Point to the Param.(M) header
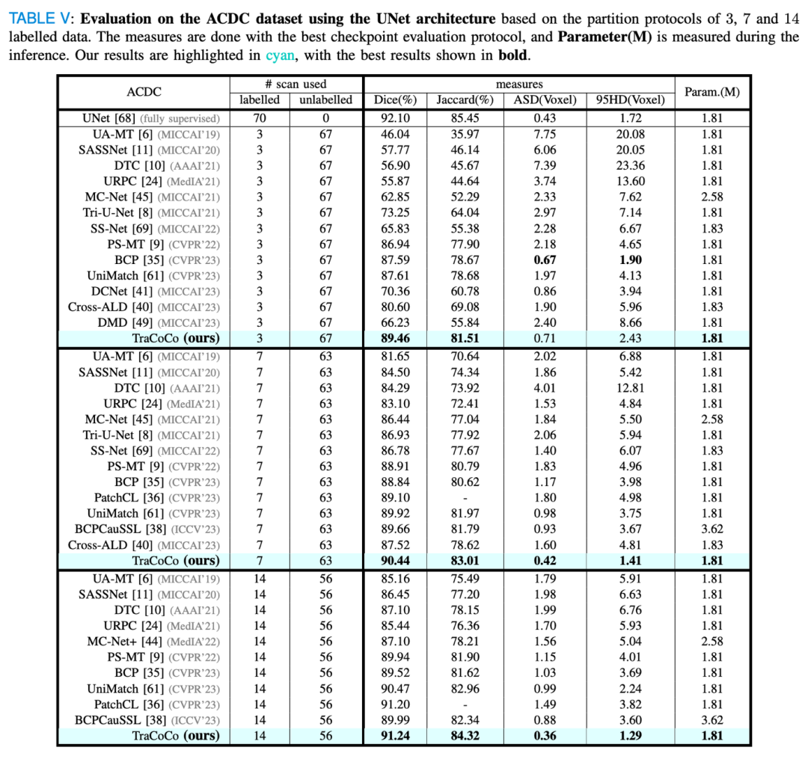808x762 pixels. (x=712, y=93)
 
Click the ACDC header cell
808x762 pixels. (x=144, y=93)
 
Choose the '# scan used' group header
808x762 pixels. (x=296, y=85)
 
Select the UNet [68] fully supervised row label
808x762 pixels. (x=151, y=118)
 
